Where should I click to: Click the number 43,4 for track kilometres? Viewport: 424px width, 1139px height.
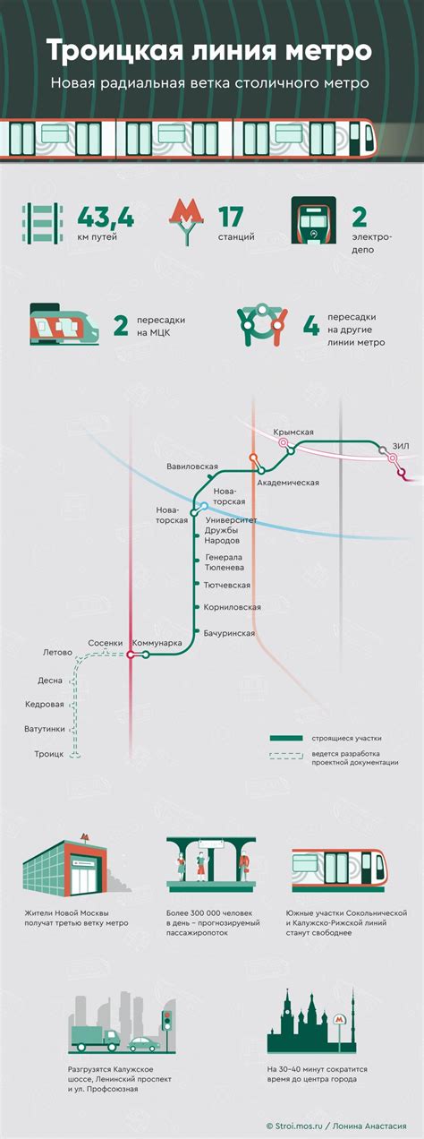pyautogui.click(x=106, y=217)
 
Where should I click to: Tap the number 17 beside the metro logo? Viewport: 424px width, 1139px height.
pyautogui.click(x=231, y=217)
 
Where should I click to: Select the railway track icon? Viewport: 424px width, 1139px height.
pyautogui.click(x=43, y=223)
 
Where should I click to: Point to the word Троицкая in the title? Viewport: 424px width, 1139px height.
pyautogui.click(x=118, y=51)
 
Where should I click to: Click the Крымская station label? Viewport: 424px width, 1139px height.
pyautogui.click(x=293, y=432)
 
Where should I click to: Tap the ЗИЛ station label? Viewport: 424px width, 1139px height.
pyautogui.click(x=401, y=446)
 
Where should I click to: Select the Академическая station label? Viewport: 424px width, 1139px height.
pyautogui.click(x=288, y=483)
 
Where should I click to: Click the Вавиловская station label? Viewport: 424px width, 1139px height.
pyautogui.click(x=192, y=467)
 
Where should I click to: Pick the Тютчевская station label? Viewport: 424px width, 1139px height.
pyautogui.click(x=227, y=586)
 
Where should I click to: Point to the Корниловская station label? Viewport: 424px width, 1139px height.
pyautogui.click(x=232, y=607)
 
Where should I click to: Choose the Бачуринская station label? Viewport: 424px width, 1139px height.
pyautogui.click(x=229, y=634)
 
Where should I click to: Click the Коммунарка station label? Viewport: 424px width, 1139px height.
pyautogui.click(x=157, y=643)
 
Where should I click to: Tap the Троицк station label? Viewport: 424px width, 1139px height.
pyautogui.click(x=48, y=754)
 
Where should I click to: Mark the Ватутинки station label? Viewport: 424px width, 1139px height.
pyautogui.click(x=45, y=729)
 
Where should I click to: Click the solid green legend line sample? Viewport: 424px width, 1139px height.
pyautogui.click(x=286, y=739)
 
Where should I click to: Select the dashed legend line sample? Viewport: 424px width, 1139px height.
pyautogui.click(x=286, y=756)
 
